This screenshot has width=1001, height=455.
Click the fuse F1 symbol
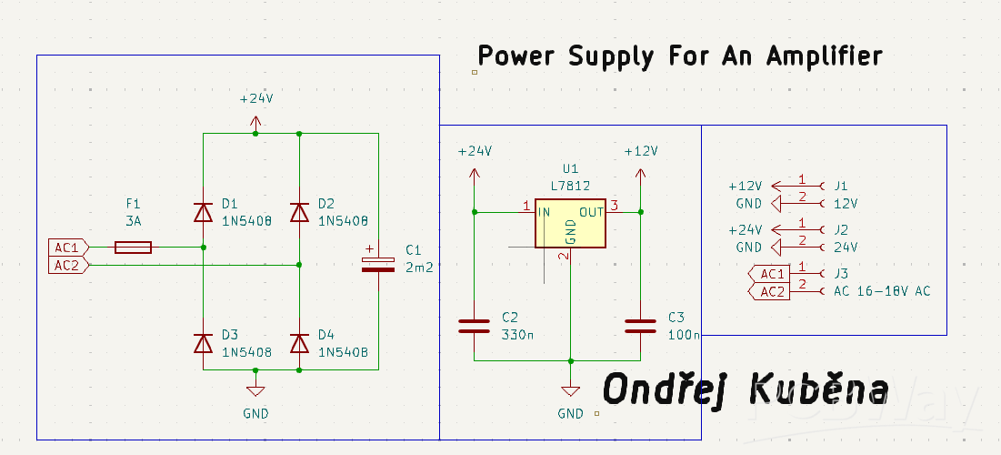click(133, 247)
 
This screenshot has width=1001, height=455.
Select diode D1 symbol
click(203, 212)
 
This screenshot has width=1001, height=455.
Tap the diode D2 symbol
click(299, 212)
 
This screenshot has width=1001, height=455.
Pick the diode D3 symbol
click(203, 343)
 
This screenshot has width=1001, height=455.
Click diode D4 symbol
click(299, 343)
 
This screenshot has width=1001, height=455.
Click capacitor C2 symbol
click(475, 326)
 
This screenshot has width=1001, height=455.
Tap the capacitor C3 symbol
click(640, 326)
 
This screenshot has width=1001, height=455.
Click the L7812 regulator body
click(570, 223)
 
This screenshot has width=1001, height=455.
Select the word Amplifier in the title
click(824, 56)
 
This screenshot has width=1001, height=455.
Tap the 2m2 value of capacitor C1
click(420, 267)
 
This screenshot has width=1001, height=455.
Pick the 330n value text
click(518, 334)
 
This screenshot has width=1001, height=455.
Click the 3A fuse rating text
click(134, 221)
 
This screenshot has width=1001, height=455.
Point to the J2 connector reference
click(841, 229)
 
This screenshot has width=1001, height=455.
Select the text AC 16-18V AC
click(882, 291)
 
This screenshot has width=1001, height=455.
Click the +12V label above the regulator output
click(640, 151)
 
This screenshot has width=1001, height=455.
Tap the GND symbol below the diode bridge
click(255, 390)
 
